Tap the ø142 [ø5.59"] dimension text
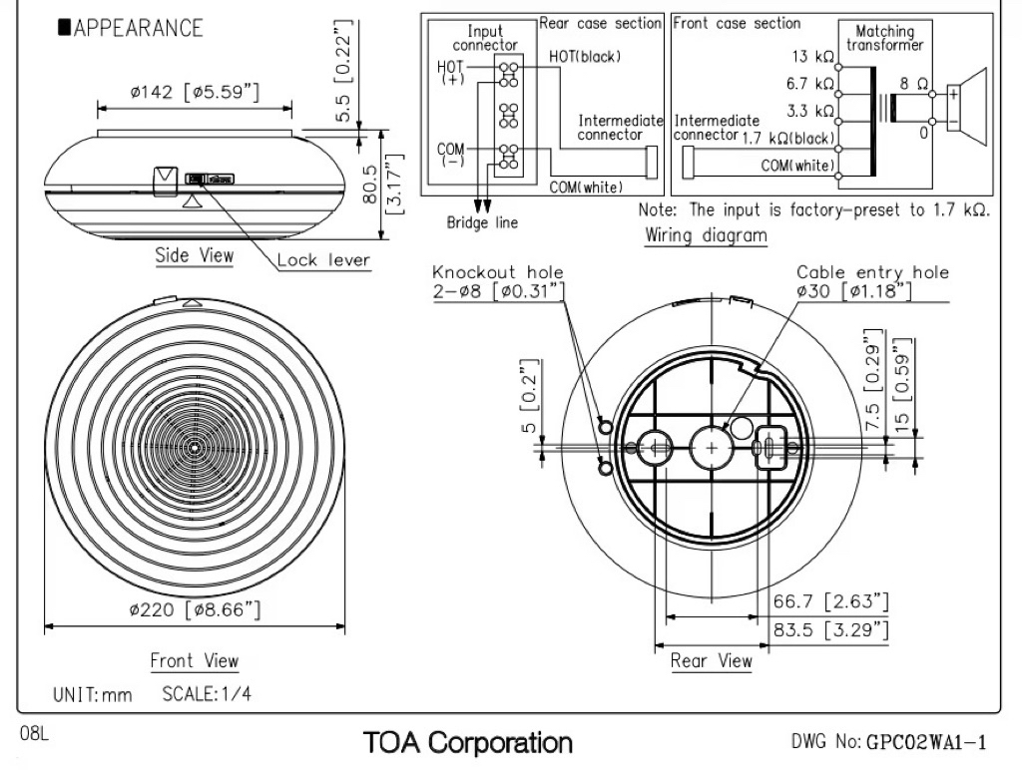195,93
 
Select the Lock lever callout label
322,260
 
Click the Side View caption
195,255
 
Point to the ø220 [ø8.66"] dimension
195,609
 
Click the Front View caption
195,660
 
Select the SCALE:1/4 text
207,694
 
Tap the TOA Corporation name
468,742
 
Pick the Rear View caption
712,660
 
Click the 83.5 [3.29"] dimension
830,629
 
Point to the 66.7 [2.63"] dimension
830,601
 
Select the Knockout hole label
498,272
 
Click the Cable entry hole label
872,272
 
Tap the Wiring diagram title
707,236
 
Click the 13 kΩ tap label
812,57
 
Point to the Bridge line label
482,222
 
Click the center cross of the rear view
711,449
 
